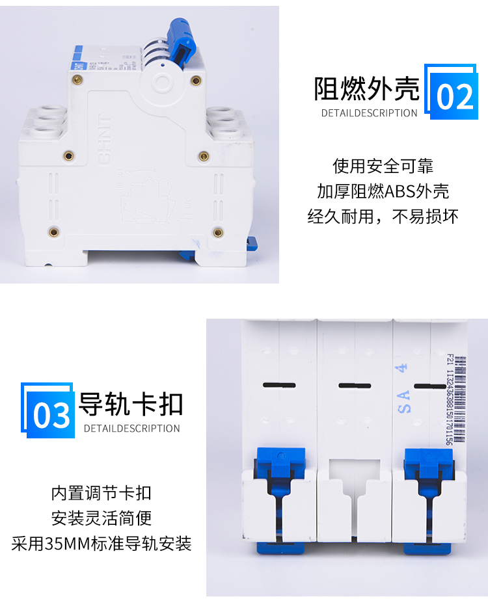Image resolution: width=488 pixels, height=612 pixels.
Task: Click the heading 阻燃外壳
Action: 367,90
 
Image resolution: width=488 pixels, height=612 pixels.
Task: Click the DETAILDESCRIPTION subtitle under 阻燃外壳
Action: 369,113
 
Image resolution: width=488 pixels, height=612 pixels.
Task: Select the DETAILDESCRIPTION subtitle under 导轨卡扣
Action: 131,429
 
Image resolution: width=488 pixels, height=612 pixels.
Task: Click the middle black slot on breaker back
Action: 354,386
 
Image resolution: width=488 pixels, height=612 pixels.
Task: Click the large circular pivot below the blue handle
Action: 162,82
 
